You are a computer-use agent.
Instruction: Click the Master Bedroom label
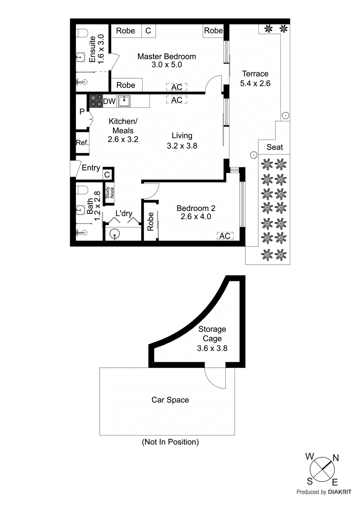click(x=166, y=57)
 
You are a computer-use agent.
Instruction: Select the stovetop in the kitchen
click(x=96, y=101)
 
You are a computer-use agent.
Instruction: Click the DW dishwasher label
click(x=109, y=101)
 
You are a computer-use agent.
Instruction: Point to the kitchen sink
click(x=124, y=101)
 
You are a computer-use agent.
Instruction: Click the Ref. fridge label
click(x=82, y=143)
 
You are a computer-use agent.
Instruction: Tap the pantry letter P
click(x=82, y=112)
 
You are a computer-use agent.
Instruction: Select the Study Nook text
click(x=109, y=192)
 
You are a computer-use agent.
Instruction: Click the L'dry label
click(x=124, y=213)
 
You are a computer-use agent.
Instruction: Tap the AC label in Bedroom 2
click(x=225, y=236)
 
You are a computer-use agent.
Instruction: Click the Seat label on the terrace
click(x=275, y=147)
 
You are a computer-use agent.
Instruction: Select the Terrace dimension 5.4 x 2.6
click(x=255, y=83)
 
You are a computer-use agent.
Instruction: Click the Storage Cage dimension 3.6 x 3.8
click(x=212, y=348)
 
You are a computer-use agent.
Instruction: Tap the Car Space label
click(x=170, y=400)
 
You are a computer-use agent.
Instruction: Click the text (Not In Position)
click(x=170, y=442)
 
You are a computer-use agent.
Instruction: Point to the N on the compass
click(x=336, y=458)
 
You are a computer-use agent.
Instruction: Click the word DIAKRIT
click(x=340, y=492)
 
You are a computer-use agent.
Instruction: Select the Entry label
click(x=91, y=168)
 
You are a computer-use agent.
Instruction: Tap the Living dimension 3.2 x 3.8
click(x=182, y=146)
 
